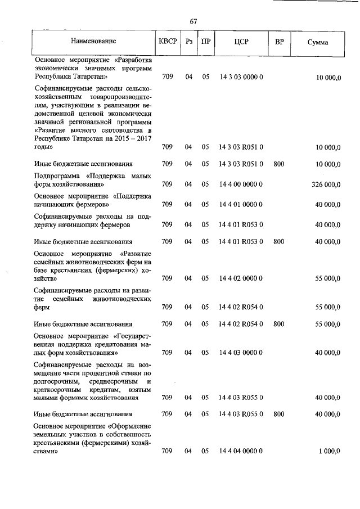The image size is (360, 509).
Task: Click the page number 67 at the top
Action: pyautogui.click(x=193, y=21)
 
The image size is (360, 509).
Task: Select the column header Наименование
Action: pyautogui.click(x=93, y=42)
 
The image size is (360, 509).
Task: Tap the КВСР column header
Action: pyautogui.click(x=167, y=42)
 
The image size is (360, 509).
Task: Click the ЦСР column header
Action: pyautogui.click(x=240, y=42)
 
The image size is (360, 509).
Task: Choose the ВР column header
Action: pyautogui.click(x=279, y=42)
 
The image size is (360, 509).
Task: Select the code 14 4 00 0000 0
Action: pyautogui.click(x=241, y=184)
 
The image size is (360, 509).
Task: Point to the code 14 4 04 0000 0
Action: pyautogui.click(x=241, y=451)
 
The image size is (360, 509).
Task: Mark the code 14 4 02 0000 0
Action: pyautogui.click(x=241, y=278)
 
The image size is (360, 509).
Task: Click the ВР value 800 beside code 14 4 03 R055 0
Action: pyautogui.click(x=279, y=414)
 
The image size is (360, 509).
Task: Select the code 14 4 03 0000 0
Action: pyautogui.click(x=241, y=353)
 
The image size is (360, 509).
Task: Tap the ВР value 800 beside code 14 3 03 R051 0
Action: pyautogui.click(x=279, y=164)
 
